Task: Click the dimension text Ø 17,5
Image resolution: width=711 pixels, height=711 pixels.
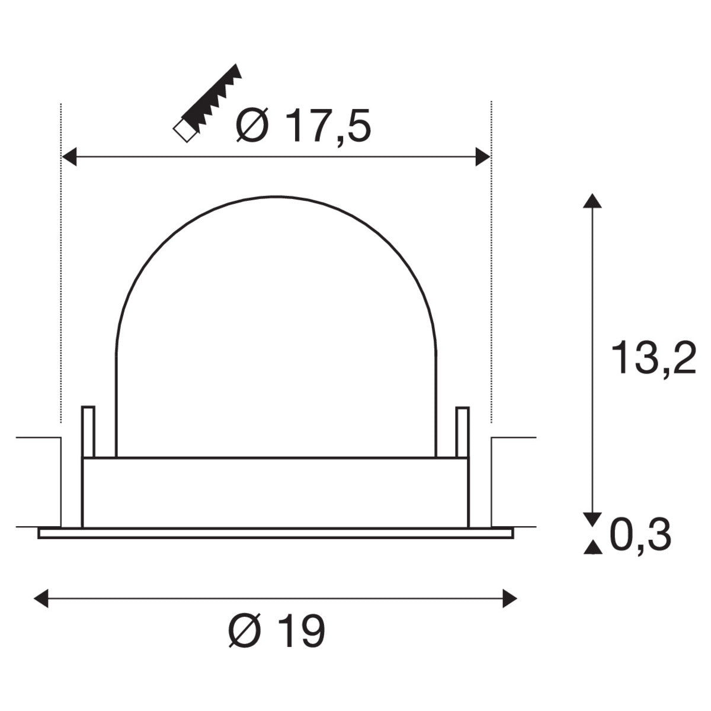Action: [x=303, y=127]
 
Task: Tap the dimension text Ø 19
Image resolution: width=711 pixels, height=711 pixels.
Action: [x=277, y=633]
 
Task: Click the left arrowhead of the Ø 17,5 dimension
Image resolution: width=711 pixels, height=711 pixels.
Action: [x=70, y=157]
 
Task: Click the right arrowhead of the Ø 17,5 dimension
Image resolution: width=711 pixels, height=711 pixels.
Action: [x=483, y=157]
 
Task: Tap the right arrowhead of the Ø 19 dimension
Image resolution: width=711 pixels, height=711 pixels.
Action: [x=510, y=598]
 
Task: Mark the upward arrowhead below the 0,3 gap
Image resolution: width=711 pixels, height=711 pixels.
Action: [x=589, y=549]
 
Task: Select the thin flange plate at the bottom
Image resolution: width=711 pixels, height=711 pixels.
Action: [x=276, y=533]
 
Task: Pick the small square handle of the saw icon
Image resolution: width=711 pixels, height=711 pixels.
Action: [x=184, y=131]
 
